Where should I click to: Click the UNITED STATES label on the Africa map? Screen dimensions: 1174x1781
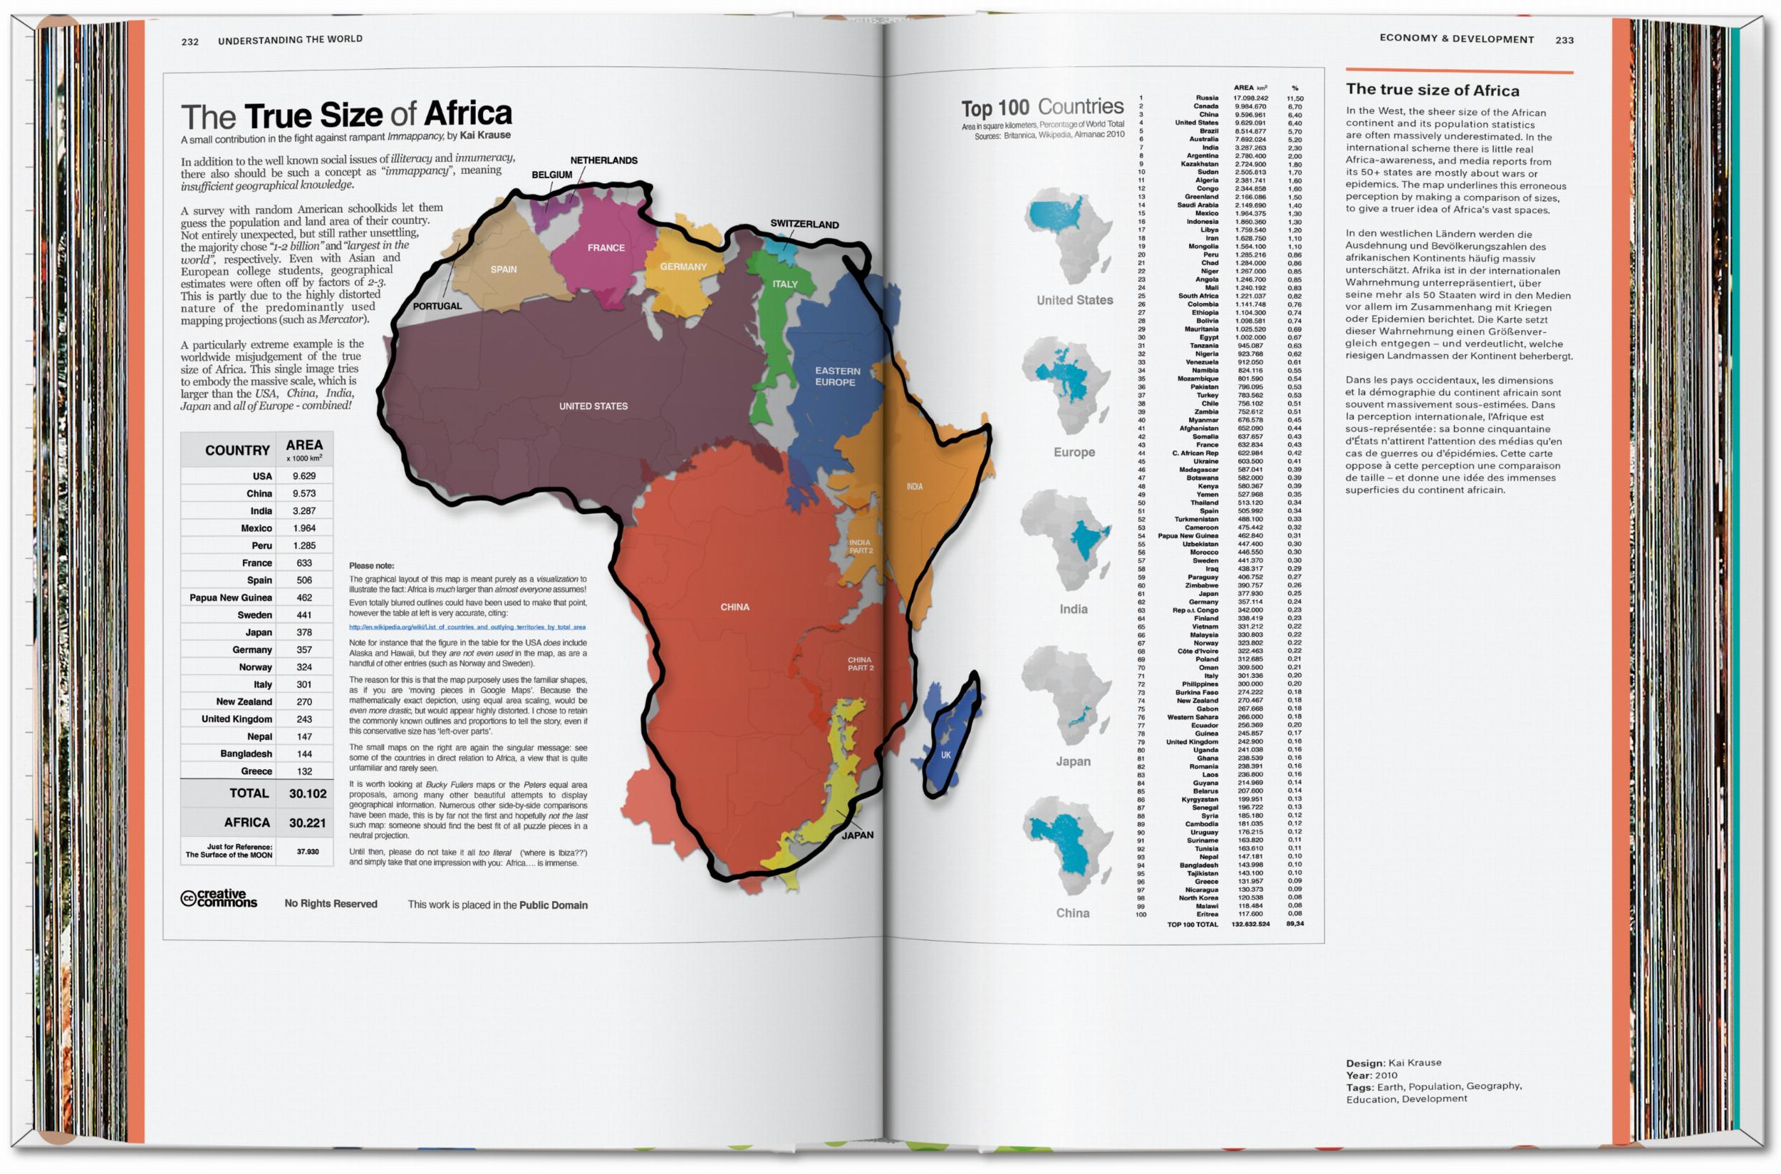(593, 406)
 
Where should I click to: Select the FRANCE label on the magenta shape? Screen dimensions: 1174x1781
(606, 247)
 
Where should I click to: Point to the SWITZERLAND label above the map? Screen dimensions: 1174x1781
(804, 224)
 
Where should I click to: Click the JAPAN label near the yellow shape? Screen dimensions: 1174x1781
(857, 835)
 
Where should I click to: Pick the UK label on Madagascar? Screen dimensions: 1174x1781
(945, 755)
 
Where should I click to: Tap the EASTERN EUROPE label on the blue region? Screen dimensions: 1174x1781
(836, 376)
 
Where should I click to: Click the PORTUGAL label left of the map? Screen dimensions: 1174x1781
(437, 306)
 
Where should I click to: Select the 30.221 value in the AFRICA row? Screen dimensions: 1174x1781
(307, 822)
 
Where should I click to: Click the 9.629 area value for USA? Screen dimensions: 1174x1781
(303, 475)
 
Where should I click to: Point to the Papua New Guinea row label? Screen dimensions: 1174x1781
(229, 597)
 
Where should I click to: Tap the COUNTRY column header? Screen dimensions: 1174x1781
(237, 450)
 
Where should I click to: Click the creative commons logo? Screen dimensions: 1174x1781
(219, 898)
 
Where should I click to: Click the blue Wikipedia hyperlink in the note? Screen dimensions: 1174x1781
(467, 627)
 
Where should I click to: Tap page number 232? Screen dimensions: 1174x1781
(190, 41)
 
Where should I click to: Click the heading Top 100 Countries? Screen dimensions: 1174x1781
(1042, 108)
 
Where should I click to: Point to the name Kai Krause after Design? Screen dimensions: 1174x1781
(1413, 1062)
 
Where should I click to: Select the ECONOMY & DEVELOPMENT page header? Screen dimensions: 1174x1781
(1456, 39)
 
